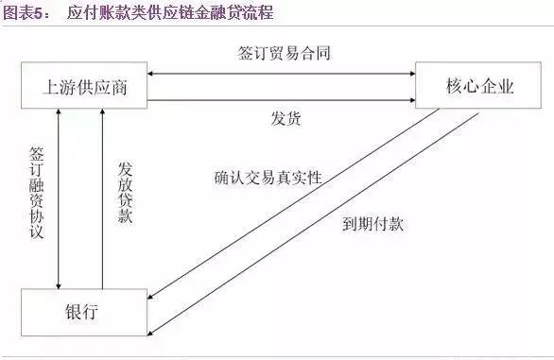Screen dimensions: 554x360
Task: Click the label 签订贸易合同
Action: click(x=285, y=53)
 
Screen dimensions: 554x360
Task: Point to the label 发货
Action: click(x=285, y=120)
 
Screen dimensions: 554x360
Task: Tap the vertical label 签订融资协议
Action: click(x=37, y=194)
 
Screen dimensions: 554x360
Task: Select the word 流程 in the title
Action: click(x=255, y=13)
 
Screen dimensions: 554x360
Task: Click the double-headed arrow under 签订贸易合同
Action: click(x=284, y=75)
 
